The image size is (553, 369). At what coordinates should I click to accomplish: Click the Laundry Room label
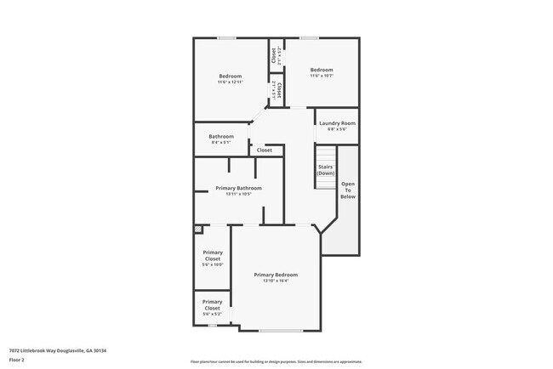(x=337, y=123)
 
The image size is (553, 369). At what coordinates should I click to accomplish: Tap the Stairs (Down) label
(x=326, y=169)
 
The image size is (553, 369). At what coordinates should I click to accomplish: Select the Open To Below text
(x=348, y=190)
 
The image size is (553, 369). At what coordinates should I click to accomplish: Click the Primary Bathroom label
(x=238, y=188)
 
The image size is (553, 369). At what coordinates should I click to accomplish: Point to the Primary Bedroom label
(x=276, y=275)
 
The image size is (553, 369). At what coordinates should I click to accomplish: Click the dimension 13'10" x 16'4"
(x=276, y=281)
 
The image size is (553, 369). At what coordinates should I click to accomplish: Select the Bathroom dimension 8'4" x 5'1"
(x=221, y=142)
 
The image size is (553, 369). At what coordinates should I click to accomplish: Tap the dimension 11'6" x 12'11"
(x=230, y=82)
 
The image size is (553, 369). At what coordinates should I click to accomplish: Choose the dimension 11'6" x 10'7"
(x=321, y=76)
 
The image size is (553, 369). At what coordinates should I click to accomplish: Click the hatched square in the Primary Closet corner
(x=198, y=229)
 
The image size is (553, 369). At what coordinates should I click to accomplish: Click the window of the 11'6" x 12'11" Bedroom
(x=226, y=37)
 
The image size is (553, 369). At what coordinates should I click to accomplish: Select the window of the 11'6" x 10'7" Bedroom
(x=309, y=37)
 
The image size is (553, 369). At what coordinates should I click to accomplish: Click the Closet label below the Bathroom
(x=265, y=150)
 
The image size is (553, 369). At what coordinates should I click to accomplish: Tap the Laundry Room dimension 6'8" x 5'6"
(x=337, y=129)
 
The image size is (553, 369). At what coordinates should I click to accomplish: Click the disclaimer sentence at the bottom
(x=276, y=361)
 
